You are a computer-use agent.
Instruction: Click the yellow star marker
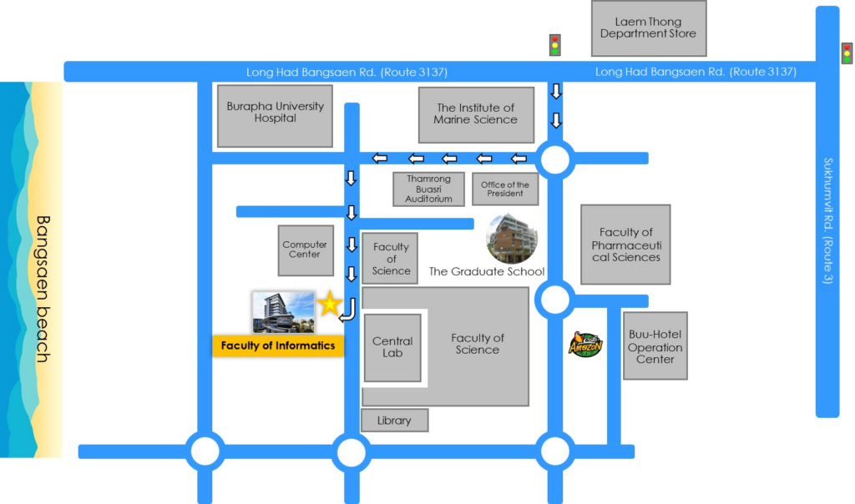click(x=330, y=304)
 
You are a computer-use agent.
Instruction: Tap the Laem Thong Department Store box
click(x=648, y=28)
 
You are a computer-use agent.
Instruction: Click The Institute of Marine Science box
click(x=475, y=114)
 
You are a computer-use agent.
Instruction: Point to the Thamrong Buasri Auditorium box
click(x=428, y=189)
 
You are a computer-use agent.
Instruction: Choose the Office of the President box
click(x=504, y=189)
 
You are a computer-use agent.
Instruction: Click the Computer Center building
click(x=305, y=250)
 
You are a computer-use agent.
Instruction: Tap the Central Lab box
click(x=392, y=347)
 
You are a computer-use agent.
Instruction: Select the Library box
click(x=394, y=421)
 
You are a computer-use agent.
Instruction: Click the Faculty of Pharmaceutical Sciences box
click(x=625, y=244)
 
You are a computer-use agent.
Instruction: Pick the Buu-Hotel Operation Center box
click(x=655, y=347)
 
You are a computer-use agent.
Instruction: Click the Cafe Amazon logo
click(x=585, y=344)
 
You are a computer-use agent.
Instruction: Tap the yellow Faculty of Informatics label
click(x=278, y=345)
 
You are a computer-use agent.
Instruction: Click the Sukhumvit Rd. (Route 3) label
click(x=827, y=220)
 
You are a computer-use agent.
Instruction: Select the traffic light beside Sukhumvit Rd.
click(x=847, y=53)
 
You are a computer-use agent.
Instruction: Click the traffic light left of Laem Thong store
click(x=554, y=45)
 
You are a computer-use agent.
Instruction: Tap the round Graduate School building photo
click(x=512, y=239)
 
